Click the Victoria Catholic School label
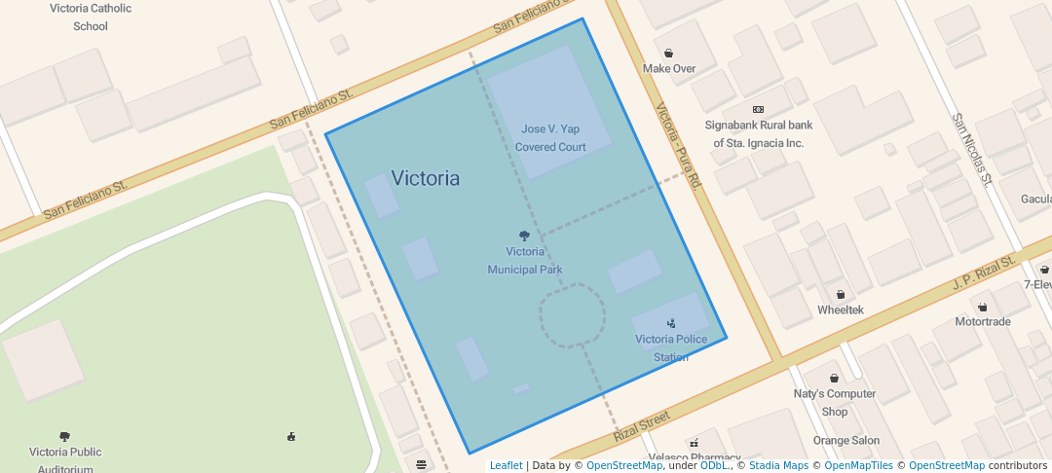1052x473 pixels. coord(91,17)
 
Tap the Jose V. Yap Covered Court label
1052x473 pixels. coord(550,137)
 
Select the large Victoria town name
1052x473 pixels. coord(425,178)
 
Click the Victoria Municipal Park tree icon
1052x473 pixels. coord(525,236)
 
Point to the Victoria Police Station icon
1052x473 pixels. coord(671,322)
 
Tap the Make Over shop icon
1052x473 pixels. coord(669,54)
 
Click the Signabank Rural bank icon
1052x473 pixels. coord(759,109)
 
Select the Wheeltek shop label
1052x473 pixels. coord(840,310)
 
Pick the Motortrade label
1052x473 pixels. coord(982,321)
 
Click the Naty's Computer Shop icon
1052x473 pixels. coord(835,379)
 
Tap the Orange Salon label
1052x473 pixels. coord(845,440)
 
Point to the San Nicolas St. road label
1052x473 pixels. coord(972,149)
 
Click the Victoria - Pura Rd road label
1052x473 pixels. coord(679,146)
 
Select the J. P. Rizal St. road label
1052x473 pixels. coord(984,274)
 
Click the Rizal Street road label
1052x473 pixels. coord(642,426)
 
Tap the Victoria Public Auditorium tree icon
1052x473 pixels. coord(65,437)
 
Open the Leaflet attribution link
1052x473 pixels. coord(506,465)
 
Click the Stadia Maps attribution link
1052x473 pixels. coord(778,465)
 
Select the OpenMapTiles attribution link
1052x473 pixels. coord(852,465)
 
